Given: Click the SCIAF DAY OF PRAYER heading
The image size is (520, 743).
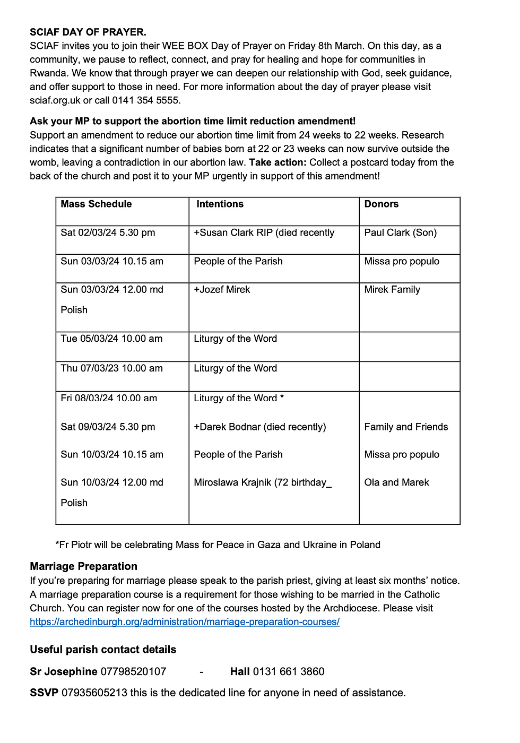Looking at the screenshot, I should (x=88, y=32).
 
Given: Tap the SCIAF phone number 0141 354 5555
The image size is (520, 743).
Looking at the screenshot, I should (x=146, y=100).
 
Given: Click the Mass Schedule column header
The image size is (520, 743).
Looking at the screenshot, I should (x=96, y=204).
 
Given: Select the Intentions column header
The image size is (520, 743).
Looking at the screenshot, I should (x=220, y=204).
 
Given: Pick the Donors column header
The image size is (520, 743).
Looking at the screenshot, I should (x=381, y=204).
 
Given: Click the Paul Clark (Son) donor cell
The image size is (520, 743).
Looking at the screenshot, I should (x=400, y=233).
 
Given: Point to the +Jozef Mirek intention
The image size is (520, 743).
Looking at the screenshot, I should (x=222, y=290).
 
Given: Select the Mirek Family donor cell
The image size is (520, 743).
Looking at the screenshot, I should (x=392, y=290).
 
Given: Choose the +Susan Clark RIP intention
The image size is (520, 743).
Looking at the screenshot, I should (x=264, y=233).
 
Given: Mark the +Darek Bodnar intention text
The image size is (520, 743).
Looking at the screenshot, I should (x=259, y=427).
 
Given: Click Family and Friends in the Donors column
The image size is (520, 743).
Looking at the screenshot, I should (x=406, y=427).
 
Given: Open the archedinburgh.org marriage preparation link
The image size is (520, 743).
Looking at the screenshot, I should (x=185, y=622).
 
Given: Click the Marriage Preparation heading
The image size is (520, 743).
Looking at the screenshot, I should (x=83, y=566).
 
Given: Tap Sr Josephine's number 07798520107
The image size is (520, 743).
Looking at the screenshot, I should (x=133, y=672).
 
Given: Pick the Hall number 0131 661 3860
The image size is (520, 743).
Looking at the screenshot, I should (x=288, y=672).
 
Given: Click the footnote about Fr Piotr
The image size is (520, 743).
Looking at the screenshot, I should (x=218, y=545).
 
